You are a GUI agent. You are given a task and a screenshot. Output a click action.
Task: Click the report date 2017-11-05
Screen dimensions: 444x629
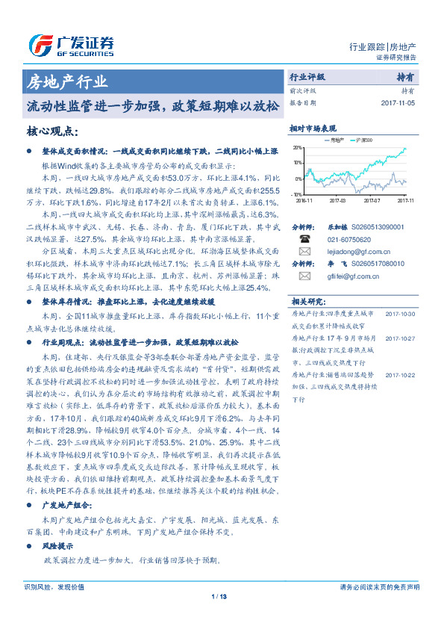click(398, 103)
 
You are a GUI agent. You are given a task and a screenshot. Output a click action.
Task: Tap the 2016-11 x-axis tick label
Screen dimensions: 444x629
click(304, 200)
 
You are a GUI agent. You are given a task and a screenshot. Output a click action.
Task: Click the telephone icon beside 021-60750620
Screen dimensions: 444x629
click(304, 239)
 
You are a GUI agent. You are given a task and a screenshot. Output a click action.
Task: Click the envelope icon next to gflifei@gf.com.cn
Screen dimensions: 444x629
click(304, 276)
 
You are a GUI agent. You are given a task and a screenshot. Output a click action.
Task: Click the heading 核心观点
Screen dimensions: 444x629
click(52, 131)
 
